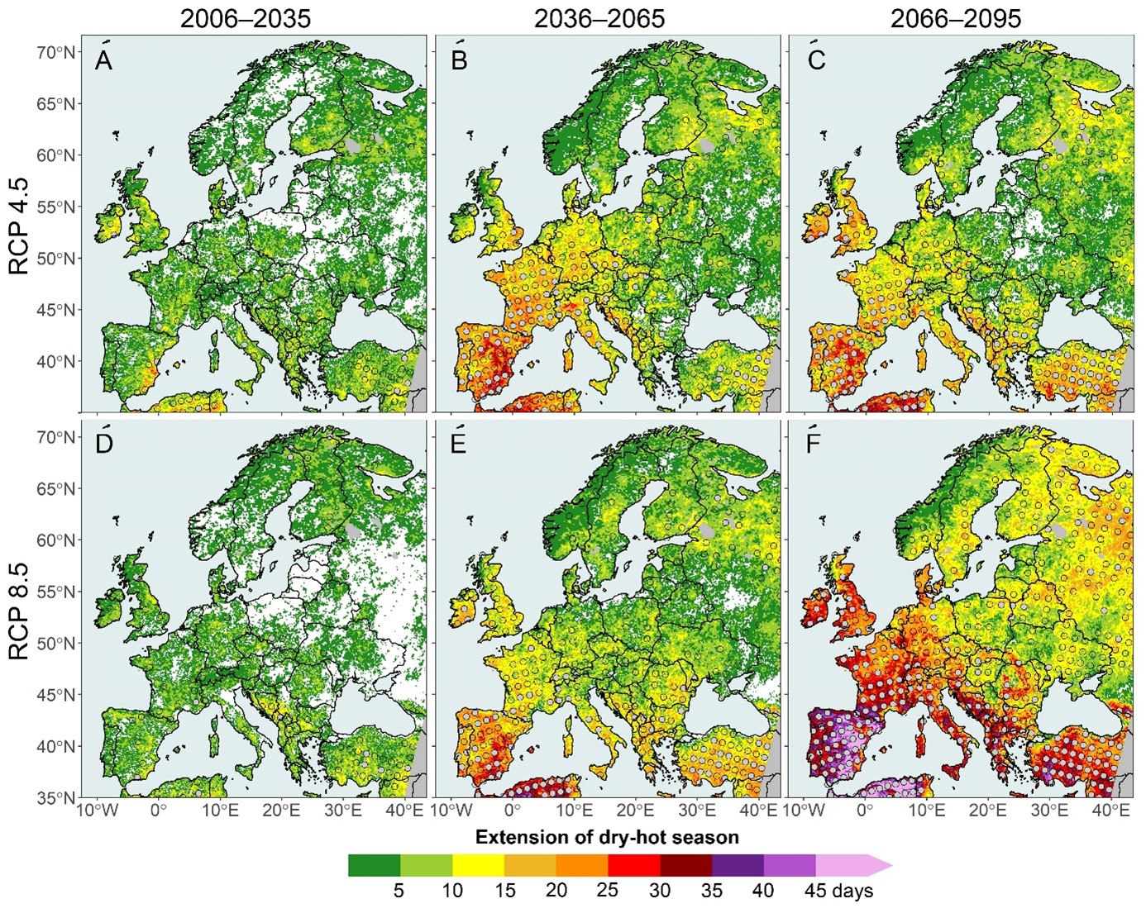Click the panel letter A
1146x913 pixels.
[x=103, y=62]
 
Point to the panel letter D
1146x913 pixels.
[x=104, y=443]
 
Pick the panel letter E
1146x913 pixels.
[x=459, y=443]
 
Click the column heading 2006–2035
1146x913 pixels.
[x=246, y=20]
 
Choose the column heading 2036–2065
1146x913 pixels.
[x=599, y=20]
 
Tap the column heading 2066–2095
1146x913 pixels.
[x=956, y=20]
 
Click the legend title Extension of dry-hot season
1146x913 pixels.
[x=607, y=837]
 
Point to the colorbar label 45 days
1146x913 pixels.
[x=838, y=890]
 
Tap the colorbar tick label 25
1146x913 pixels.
[x=608, y=890]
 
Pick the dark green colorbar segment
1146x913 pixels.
[x=374, y=865]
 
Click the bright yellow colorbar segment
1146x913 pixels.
[x=478, y=865]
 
